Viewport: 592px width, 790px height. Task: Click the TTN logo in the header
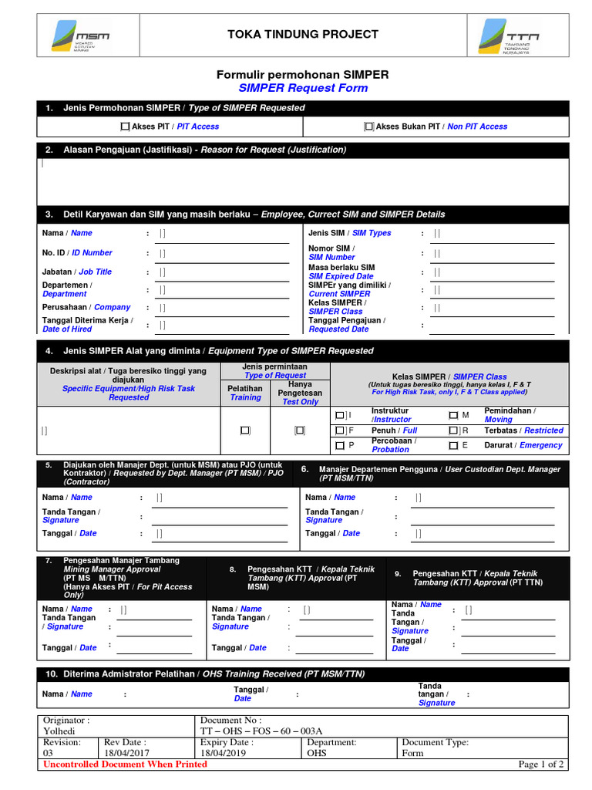coord(510,37)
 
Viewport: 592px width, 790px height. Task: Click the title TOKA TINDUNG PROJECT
coord(302,34)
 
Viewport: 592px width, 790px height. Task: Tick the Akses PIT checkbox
coord(125,127)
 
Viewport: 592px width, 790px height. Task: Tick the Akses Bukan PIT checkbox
coord(369,127)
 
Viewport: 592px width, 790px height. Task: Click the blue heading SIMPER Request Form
coord(302,88)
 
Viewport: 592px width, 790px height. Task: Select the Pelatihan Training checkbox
coord(245,430)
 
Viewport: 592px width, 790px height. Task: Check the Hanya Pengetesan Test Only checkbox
coord(300,430)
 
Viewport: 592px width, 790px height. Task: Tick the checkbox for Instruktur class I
coord(340,415)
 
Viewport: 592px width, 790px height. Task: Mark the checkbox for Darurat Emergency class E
coord(453,445)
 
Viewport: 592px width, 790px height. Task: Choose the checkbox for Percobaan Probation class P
coord(340,445)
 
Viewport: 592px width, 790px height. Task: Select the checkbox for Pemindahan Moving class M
coord(453,415)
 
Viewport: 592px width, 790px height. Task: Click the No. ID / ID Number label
coord(77,252)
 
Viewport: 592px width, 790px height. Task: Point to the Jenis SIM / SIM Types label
coord(349,233)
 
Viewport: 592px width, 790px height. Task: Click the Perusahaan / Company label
coord(86,307)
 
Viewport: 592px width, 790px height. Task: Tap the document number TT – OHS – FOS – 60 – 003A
coord(261,731)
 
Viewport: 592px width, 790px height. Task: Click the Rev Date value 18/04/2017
coord(126,753)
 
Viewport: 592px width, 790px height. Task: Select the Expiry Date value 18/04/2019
coord(223,753)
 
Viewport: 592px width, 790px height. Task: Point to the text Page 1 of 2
coord(541,765)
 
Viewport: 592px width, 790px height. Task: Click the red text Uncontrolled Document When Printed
coord(125,765)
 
